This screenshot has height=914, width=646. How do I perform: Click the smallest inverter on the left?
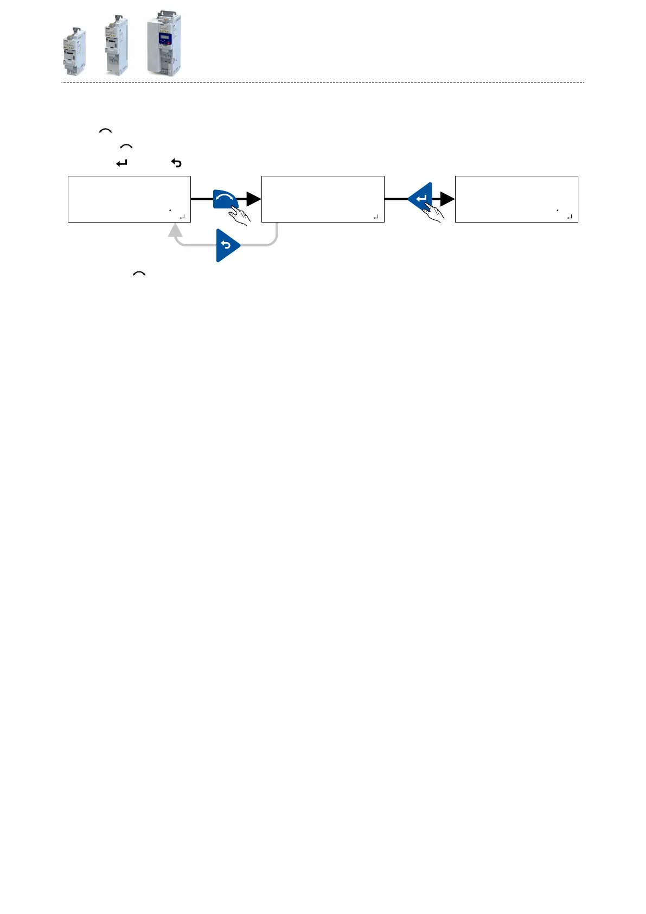[x=74, y=50]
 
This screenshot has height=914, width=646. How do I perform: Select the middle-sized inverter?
[x=116, y=45]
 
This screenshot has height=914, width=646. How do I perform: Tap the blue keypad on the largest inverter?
[x=164, y=40]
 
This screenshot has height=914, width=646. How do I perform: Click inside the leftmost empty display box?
[x=129, y=199]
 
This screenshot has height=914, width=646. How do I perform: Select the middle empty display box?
[x=323, y=199]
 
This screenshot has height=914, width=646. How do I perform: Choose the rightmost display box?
[x=516, y=199]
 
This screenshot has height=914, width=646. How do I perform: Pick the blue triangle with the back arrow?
[x=227, y=245]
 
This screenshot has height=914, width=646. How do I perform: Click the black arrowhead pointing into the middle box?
[x=253, y=199]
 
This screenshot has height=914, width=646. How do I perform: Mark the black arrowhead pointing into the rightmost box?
[x=447, y=199]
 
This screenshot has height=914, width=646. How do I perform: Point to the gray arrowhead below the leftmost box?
[x=175, y=230]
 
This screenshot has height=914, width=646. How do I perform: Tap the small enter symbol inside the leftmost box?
[x=182, y=217]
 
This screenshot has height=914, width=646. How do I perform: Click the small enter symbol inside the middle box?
[x=375, y=217]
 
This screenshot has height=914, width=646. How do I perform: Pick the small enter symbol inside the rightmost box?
[x=569, y=217]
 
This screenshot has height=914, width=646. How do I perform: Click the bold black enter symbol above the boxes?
[x=121, y=163]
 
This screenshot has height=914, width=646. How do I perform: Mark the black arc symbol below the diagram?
[x=139, y=274]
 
